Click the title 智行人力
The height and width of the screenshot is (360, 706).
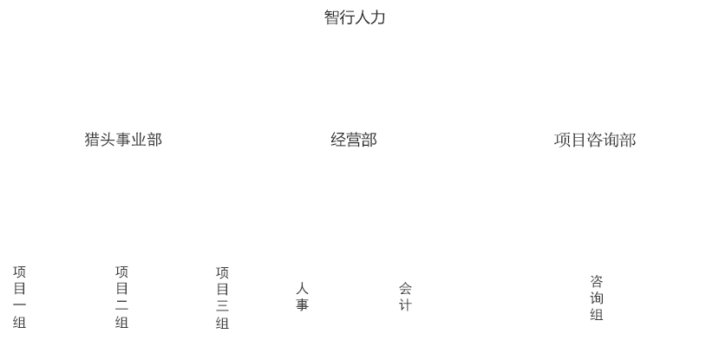(x=354, y=17)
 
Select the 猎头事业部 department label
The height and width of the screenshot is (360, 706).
(x=123, y=140)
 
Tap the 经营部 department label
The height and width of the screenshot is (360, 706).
(x=354, y=140)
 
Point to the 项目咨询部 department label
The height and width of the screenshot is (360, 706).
(x=595, y=140)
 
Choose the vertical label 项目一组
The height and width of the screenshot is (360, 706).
(x=19, y=298)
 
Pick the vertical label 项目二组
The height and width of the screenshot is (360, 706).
(x=121, y=298)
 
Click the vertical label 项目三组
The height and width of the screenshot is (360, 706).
(x=222, y=298)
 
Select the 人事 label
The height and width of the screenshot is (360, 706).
(x=302, y=297)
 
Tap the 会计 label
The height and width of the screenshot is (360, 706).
(x=405, y=297)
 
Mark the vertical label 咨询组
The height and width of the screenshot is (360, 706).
(x=597, y=298)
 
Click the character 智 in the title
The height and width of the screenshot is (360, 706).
(x=331, y=17)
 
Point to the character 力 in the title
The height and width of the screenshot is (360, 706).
(x=378, y=17)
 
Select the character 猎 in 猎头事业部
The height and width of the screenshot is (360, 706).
(x=92, y=140)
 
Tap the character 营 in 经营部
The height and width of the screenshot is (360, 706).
(x=354, y=140)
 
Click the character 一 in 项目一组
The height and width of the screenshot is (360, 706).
(x=19, y=305)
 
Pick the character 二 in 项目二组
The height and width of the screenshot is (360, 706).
(x=121, y=305)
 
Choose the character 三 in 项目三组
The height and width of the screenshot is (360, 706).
(x=222, y=306)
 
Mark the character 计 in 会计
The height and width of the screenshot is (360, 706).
(x=405, y=305)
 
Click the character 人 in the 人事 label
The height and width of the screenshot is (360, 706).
(x=302, y=288)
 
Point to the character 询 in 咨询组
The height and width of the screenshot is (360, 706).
(x=597, y=298)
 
